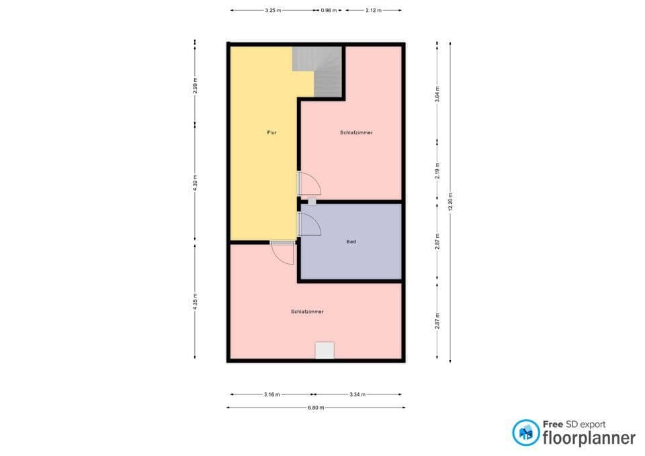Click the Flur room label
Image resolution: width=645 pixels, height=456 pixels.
pyautogui.click(x=271, y=133)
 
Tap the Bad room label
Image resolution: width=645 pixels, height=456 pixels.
pyautogui.click(x=351, y=241)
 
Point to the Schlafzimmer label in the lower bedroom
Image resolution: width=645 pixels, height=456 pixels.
pyautogui.click(x=308, y=312)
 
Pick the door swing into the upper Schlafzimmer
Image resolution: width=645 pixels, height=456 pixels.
pyautogui.click(x=309, y=183)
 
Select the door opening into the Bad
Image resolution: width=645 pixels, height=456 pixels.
pyautogui.click(x=309, y=225)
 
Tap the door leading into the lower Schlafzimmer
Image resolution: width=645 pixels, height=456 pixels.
pyautogui.click(x=283, y=253)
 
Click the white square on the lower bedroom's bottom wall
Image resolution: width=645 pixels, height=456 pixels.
pyautogui.click(x=325, y=351)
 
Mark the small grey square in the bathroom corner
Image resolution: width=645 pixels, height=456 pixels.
pyautogui.click(x=312, y=201)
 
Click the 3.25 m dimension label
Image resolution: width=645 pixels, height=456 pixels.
pyautogui.click(x=273, y=11)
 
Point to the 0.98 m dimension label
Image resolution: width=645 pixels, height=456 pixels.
pyautogui.click(x=329, y=11)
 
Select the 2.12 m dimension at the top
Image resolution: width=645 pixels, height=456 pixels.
pyautogui.click(x=374, y=11)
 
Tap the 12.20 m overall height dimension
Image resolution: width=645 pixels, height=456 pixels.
pyautogui.click(x=451, y=201)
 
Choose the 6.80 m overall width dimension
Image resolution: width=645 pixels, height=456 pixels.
pyautogui.click(x=316, y=408)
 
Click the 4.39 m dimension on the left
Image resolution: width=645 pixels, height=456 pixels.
pyautogui.click(x=196, y=183)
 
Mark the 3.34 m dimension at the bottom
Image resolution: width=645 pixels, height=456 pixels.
pyautogui.click(x=357, y=395)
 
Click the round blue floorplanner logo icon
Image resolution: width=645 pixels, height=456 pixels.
pyautogui.click(x=525, y=432)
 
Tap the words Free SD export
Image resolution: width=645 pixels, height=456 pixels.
pyautogui.click(x=574, y=424)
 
